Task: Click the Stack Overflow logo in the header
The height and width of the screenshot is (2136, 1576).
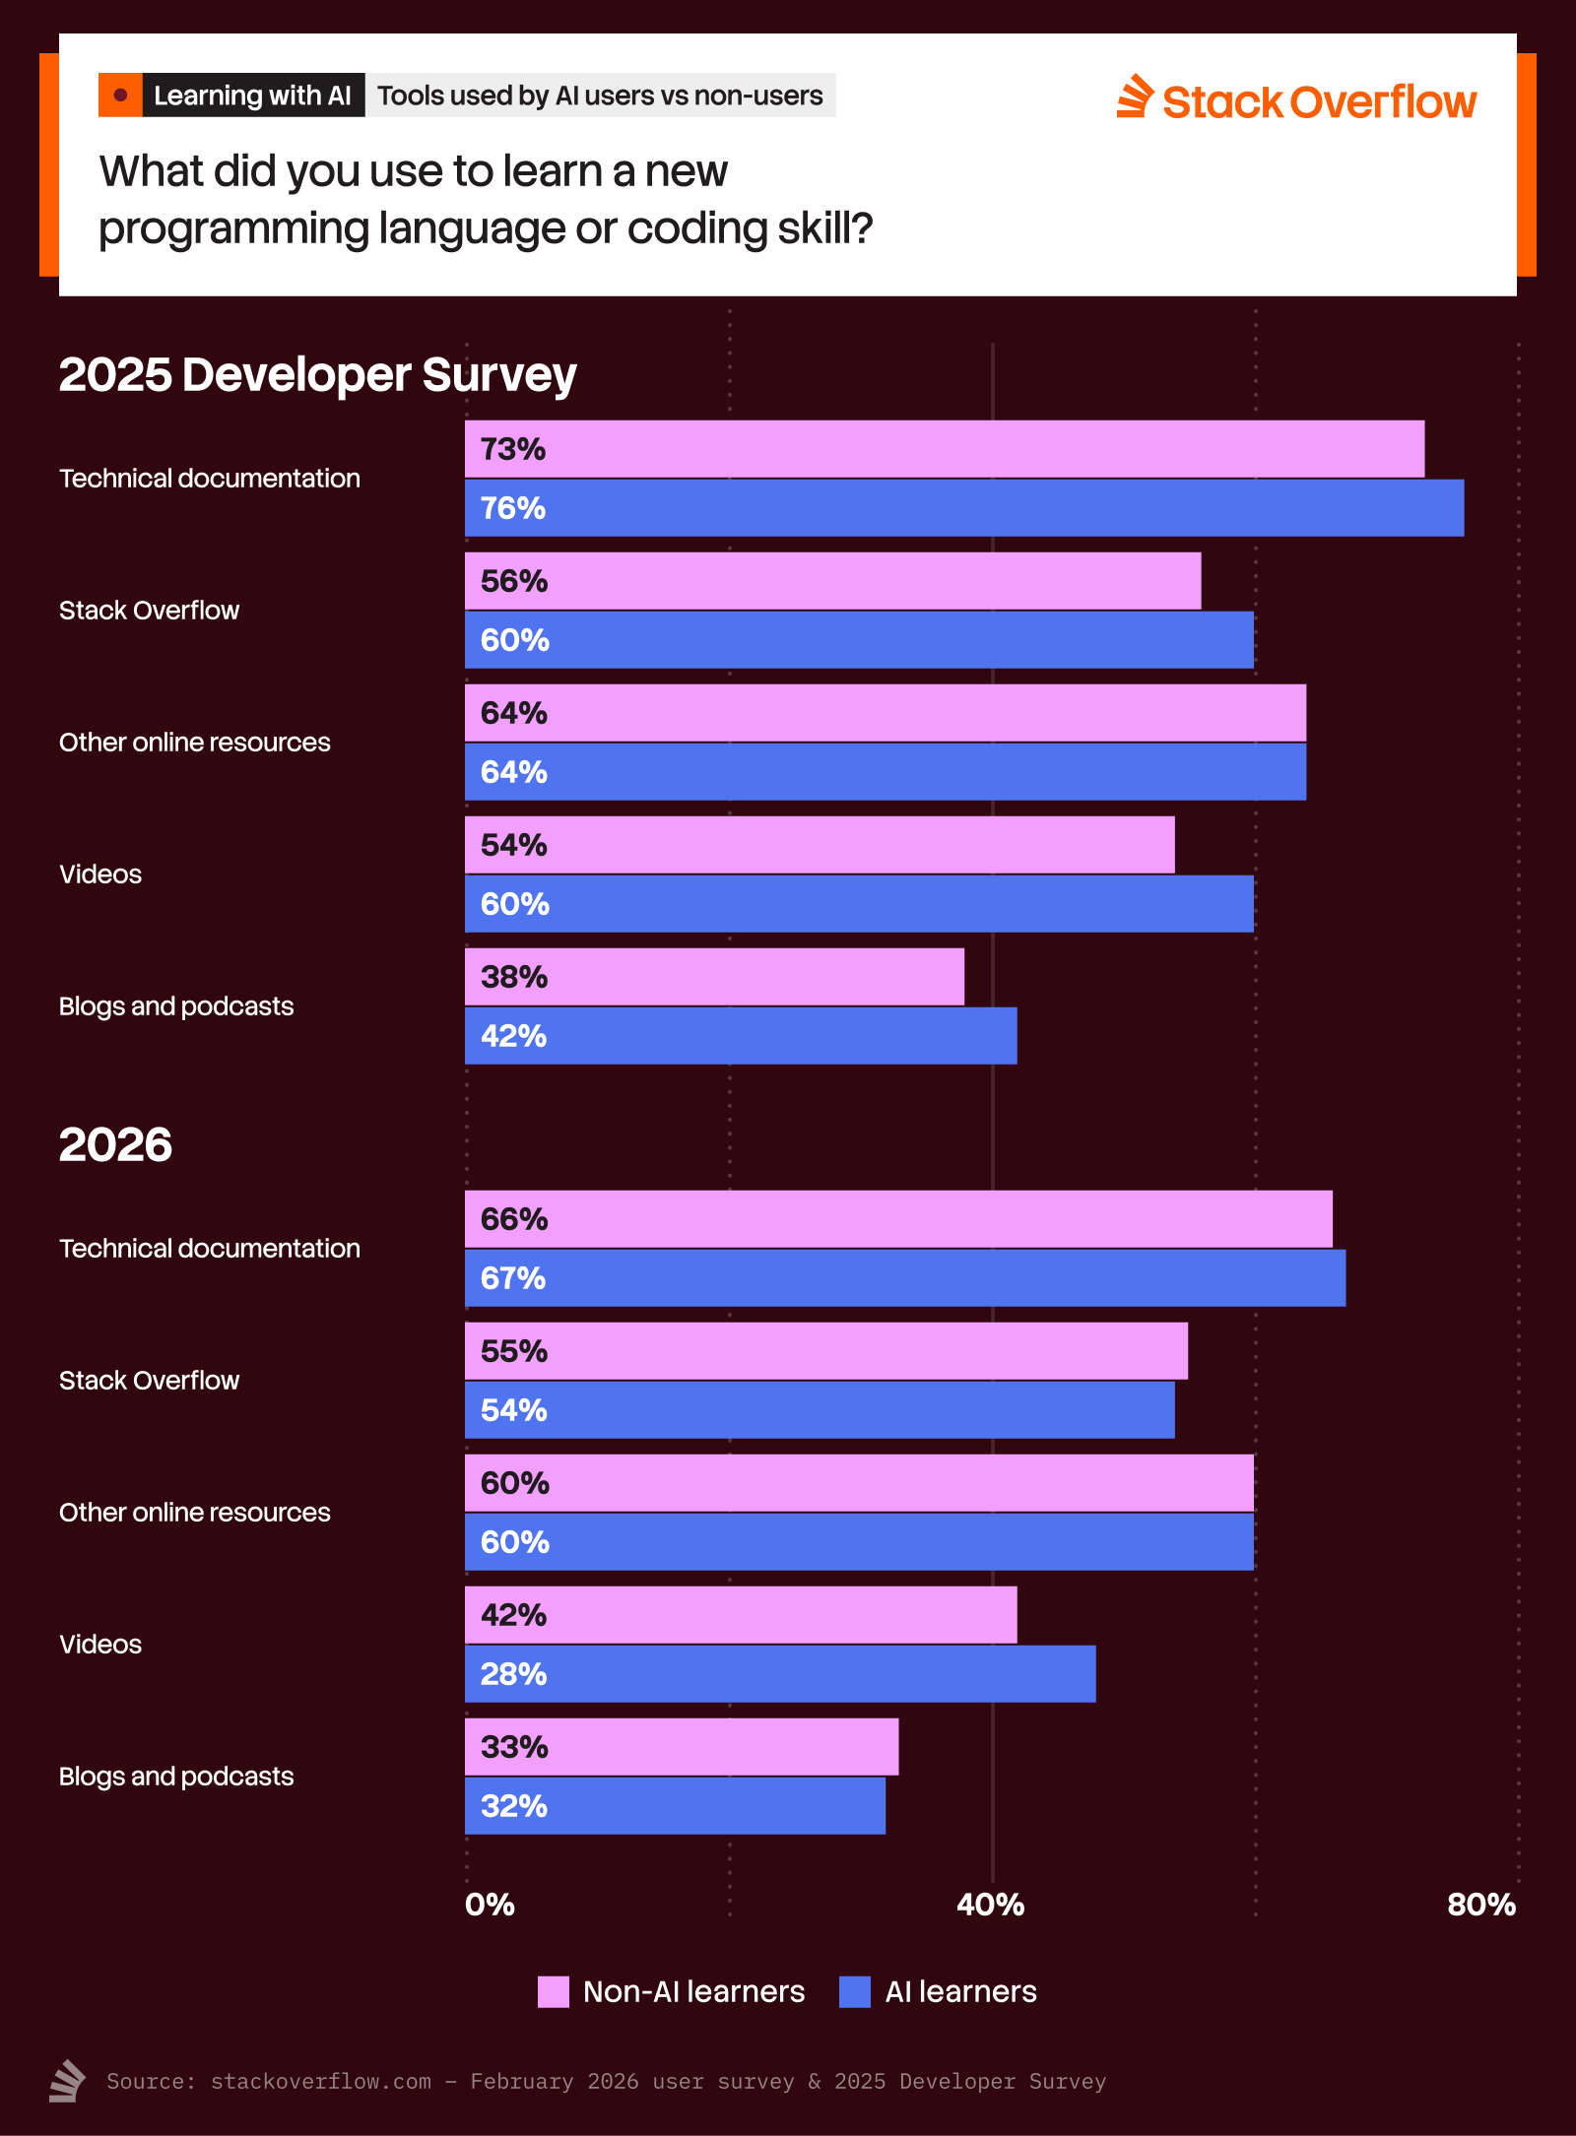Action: pos(1296,99)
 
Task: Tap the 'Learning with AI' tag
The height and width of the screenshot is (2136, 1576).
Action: pos(253,96)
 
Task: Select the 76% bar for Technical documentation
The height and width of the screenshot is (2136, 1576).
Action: pos(963,508)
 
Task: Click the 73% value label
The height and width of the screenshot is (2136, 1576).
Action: pos(512,449)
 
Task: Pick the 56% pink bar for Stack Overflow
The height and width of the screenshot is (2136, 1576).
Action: pos(832,581)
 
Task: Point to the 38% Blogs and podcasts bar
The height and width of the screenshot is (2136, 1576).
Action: pos(714,977)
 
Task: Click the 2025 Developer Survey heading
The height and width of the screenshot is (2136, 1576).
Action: pos(317,374)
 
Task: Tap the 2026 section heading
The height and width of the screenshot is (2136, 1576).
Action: pos(115,1144)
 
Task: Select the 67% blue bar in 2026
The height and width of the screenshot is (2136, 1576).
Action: pos(904,1278)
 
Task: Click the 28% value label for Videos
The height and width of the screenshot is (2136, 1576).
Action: pos(513,1674)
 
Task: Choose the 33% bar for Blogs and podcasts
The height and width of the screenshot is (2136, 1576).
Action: pos(681,1747)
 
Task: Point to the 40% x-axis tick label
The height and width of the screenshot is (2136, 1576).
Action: pos(991,1905)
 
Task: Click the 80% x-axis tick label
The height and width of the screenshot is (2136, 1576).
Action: pos(1480,1905)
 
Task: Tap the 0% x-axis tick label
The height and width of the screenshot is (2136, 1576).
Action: pos(490,1905)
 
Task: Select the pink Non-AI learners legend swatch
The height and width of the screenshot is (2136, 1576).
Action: pos(553,1991)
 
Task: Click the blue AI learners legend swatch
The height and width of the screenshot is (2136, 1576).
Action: pos(855,1991)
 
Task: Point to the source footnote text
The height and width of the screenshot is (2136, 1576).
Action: pos(606,2081)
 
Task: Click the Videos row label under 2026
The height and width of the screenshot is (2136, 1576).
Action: pos(100,1644)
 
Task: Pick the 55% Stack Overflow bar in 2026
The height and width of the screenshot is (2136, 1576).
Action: pos(825,1351)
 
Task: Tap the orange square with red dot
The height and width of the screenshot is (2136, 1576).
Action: pos(120,96)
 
